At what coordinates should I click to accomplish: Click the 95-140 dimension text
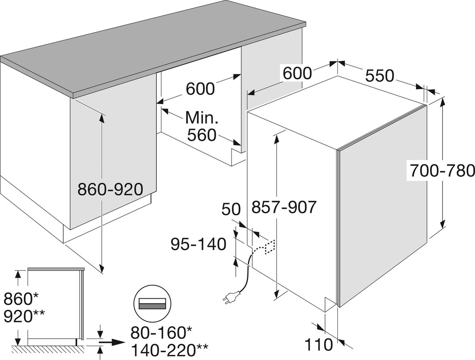(x=198, y=244)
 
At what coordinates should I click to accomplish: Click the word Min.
(x=202, y=117)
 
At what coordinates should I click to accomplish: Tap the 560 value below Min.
(x=202, y=135)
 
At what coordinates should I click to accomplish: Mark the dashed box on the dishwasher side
(x=270, y=246)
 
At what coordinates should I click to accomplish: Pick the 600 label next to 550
(x=296, y=73)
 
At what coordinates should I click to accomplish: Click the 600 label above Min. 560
(x=200, y=89)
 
